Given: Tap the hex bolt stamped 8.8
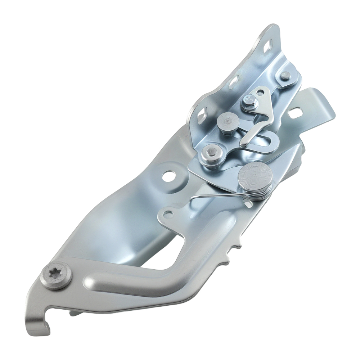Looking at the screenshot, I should point(249,104).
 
